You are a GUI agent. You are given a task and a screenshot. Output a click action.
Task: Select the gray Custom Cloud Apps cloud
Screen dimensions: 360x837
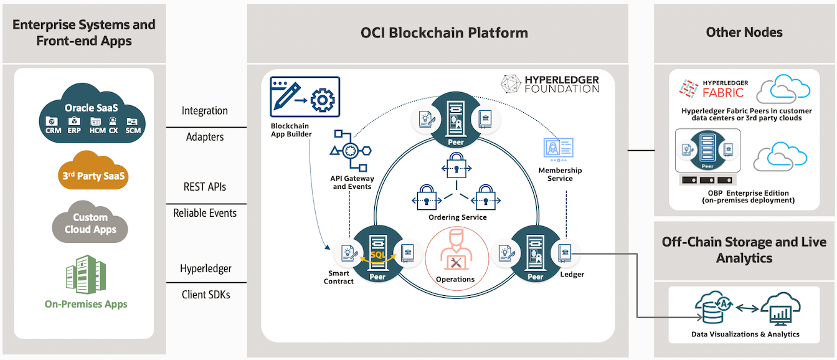90,222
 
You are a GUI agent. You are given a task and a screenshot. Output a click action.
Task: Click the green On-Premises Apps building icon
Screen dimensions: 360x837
85,275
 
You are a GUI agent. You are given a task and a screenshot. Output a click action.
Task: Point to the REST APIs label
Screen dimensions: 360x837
205,186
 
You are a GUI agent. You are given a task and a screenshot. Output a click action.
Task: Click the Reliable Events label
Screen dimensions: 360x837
205,213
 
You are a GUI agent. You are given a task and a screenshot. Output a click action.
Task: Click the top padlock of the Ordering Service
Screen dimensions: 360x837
457,169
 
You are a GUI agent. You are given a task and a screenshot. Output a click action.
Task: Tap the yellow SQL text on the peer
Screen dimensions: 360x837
378,255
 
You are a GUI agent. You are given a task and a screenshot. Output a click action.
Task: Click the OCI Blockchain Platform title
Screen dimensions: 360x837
444,33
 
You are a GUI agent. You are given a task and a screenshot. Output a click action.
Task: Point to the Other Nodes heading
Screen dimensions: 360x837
744,32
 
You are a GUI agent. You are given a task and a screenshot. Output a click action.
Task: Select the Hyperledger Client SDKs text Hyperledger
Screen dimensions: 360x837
206,268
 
